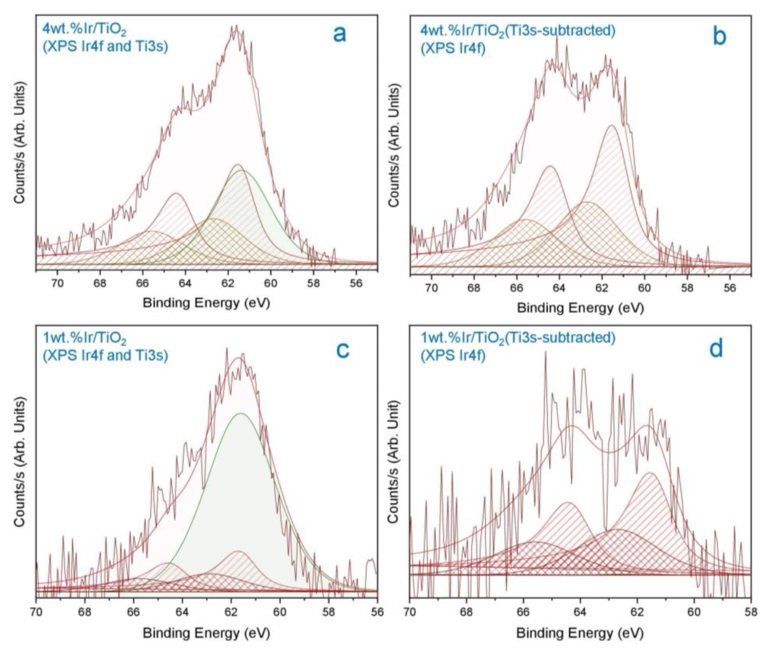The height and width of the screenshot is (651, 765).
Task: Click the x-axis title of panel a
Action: coord(206,303)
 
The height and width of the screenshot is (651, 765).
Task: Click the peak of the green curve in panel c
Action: coord(241,413)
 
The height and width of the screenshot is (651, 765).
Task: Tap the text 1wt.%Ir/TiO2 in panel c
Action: coord(85,338)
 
